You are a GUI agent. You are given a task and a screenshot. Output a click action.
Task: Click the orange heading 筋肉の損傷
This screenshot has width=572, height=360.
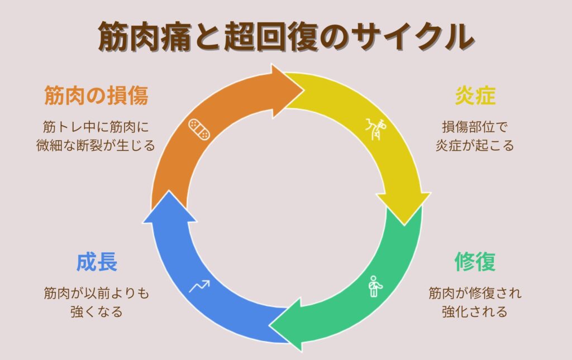pyautogui.click(x=96, y=96)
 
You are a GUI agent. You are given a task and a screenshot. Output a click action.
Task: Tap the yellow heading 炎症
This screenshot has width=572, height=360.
pyautogui.click(x=475, y=96)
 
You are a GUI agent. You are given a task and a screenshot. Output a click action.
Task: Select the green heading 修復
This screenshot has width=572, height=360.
pyautogui.click(x=475, y=261)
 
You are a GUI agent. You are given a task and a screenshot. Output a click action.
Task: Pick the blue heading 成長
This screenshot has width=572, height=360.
pyautogui.click(x=97, y=261)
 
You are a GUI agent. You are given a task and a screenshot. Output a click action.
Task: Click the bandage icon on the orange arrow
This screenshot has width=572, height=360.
pyautogui.click(x=199, y=130)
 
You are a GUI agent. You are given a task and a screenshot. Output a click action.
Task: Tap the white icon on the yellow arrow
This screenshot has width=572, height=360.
pyautogui.click(x=375, y=129)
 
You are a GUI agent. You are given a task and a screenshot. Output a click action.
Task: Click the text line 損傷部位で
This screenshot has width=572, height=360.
pyautogui.click(x=474, y=126)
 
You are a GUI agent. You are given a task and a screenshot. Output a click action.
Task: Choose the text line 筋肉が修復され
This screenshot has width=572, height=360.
pyautogui.click(x=474, y=292)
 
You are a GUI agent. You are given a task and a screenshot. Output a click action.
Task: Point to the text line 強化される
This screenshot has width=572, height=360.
pyautogui.click(x=474, y=311)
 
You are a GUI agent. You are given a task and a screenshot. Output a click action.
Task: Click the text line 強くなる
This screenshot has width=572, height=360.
pyautogui.click(x=97, y=311)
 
